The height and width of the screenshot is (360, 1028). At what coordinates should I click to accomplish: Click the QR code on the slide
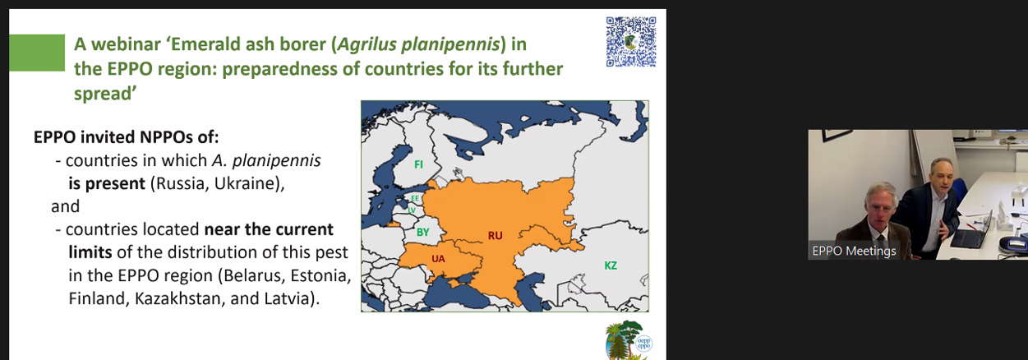tap(631, 42)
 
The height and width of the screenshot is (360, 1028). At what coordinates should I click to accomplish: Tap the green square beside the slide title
tap(37, 53)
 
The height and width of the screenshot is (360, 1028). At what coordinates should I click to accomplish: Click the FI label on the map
tap(418, 164)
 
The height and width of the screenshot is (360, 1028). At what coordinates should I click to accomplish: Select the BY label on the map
tap(422, 233)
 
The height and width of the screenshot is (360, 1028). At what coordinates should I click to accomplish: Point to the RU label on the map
tap(496, 236)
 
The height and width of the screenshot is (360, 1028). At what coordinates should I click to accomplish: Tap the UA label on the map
tap(438, 259)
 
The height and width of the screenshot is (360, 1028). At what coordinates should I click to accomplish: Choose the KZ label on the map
tap(611, 265)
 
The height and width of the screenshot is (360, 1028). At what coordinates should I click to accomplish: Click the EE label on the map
tap(415, 198)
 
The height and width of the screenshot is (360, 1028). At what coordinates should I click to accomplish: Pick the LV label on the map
tap(413, 210)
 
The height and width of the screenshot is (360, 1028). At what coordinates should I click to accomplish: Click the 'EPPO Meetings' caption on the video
tap(854, 252)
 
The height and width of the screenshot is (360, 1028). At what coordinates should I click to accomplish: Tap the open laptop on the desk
tap(970, 233)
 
